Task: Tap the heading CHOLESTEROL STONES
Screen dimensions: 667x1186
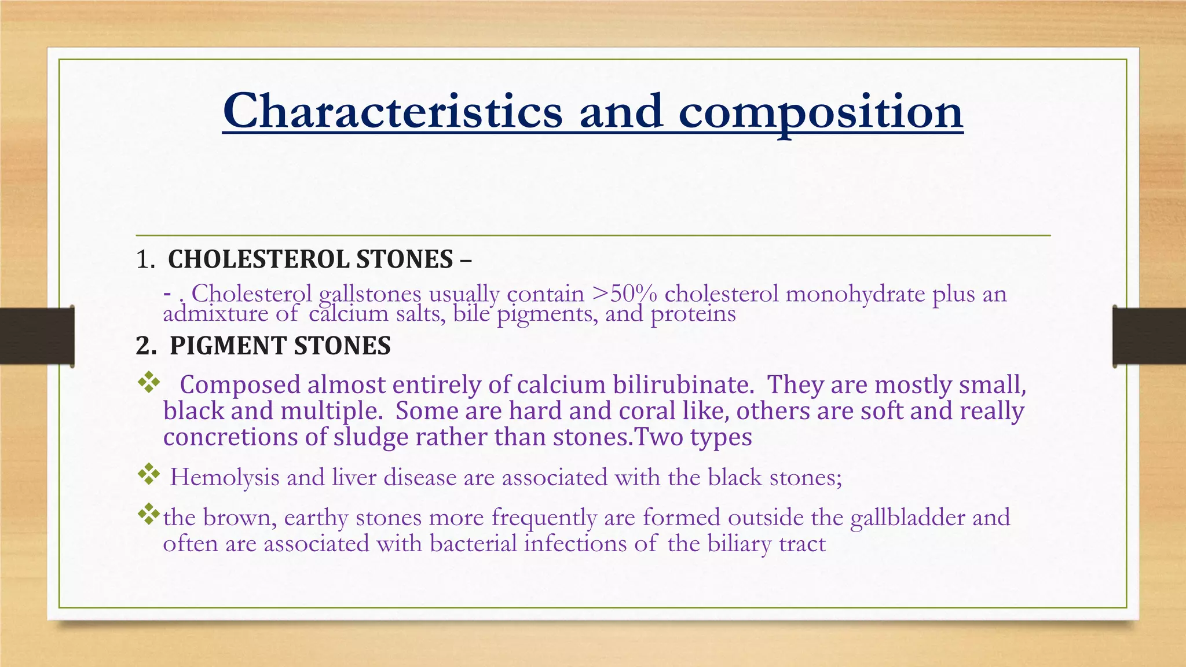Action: pyautogui.click(x=310, y=259)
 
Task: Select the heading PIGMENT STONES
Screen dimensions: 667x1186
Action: pyautogui.click(x=280, y=346)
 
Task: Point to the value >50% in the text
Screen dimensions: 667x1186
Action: pyautogui.click(x=625, y=294)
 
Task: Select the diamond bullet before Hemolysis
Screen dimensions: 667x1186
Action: pyautogui.click(x=149, y=475)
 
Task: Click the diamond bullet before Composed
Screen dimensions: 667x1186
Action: pyautogui.click(x=149, y=383)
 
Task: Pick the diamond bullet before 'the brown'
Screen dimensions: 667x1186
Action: pyautogui.click(x=149, y=514)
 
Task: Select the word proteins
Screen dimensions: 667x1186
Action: pyautogui.click(x=693, y=314)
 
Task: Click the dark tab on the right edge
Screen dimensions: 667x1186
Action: pyautogui.click(x=1149, y=336)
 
